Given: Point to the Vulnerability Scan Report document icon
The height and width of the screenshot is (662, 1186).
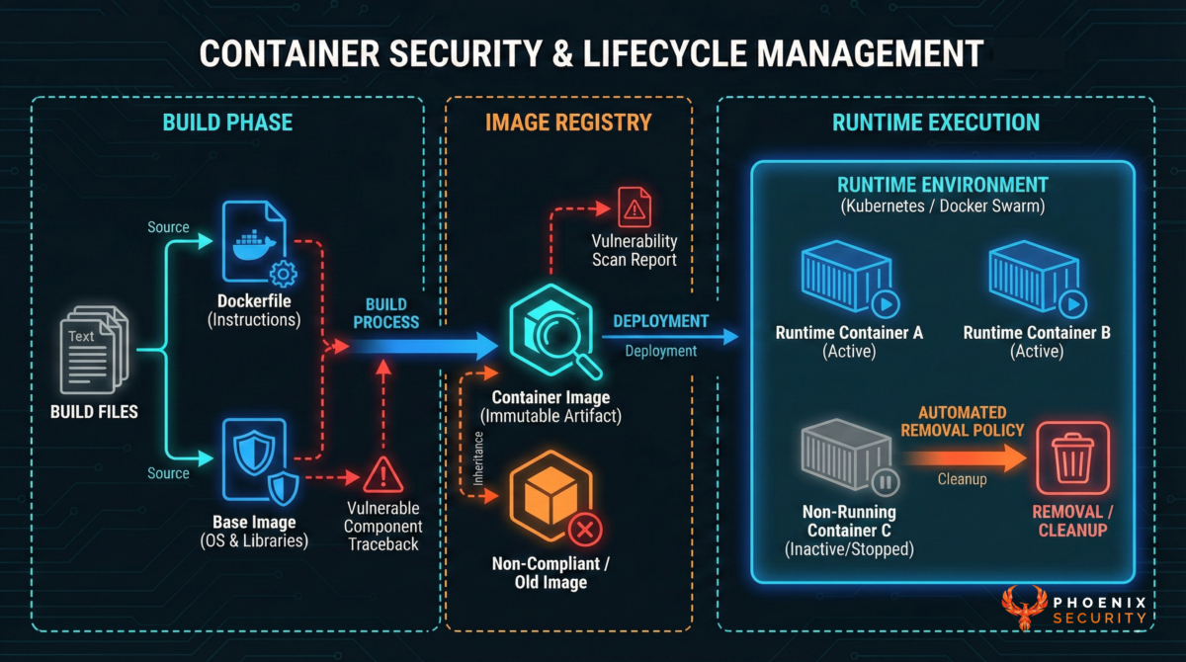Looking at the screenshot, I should (x=634, y=207).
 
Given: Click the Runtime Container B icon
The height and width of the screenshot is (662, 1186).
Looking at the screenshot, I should (x=1035, y=280).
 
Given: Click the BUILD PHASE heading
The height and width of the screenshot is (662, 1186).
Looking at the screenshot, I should (x=228, y=123).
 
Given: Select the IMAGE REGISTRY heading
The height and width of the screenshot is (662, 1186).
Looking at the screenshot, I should (x=568, y=123).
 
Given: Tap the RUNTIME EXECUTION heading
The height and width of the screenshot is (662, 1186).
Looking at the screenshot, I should (x=935, y=123).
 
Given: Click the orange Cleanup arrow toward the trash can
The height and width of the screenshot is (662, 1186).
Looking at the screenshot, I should (x=963, y=456).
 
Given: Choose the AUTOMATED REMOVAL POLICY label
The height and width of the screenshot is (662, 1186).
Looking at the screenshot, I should (x=962, y=421).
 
